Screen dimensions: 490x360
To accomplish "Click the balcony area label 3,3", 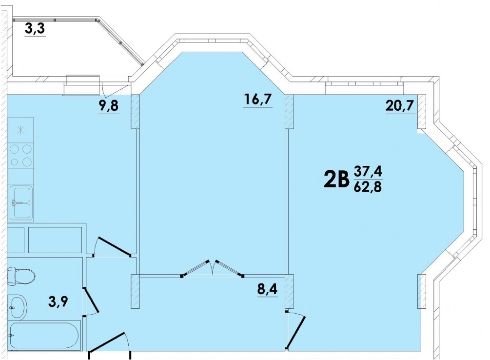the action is pyautogui.click(x=35, y=29).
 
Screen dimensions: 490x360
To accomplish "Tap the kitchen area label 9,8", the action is pyautogui.click(x=108, y=106).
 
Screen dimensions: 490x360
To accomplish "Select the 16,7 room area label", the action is pyautogui.click(x=258, y=100).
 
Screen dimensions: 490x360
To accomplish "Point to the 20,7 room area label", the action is pyautogui.click(x=400, y=106).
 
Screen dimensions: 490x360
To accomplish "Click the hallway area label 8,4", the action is pyautogui.click(x=267, y=289).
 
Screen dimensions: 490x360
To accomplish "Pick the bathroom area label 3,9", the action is pyautogui.click(x=59, y=302).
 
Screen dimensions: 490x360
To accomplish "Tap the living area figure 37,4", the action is pyautogui.click(x=368, y=172).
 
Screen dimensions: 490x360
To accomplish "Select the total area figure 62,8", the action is pyautogui.click(x=368, y=187).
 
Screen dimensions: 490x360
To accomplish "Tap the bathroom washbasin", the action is pyautogui.click(x=17, y=307).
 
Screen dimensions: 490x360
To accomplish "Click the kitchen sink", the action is pyautogui.click(x=21, y=203).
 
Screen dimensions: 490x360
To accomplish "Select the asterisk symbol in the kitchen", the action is pyautogui.click(x=20, y=130).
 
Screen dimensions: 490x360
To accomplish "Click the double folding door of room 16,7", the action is pyautogui.click(x=213, y=268).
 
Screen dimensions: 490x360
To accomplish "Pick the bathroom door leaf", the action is pyautogui.click(x=91, y=300).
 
